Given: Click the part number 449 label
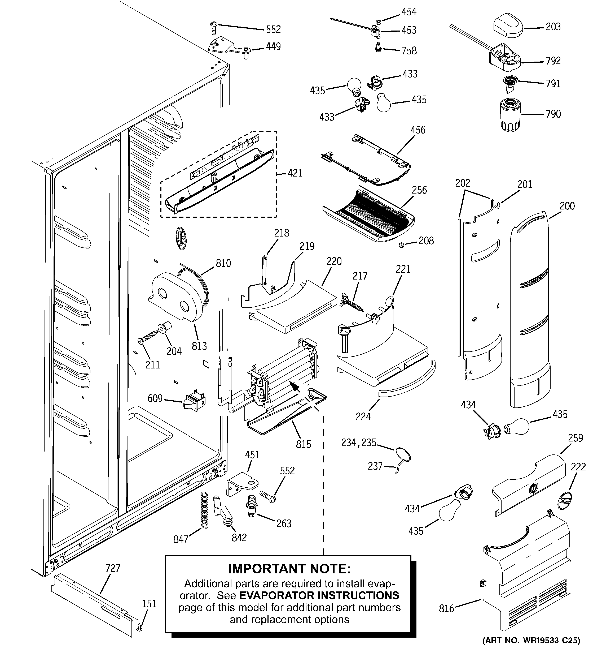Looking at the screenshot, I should (273, 47).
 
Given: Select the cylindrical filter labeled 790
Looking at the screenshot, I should (510, 114).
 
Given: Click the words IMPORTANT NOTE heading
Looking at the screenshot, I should (289, 568).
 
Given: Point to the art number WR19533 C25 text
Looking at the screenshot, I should (531, 649).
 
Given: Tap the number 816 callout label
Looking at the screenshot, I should (446, 608).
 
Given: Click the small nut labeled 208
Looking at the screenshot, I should (401, 245).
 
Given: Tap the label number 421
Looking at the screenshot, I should (295, 173).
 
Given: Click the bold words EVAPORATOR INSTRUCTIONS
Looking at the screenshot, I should (319, 595).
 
